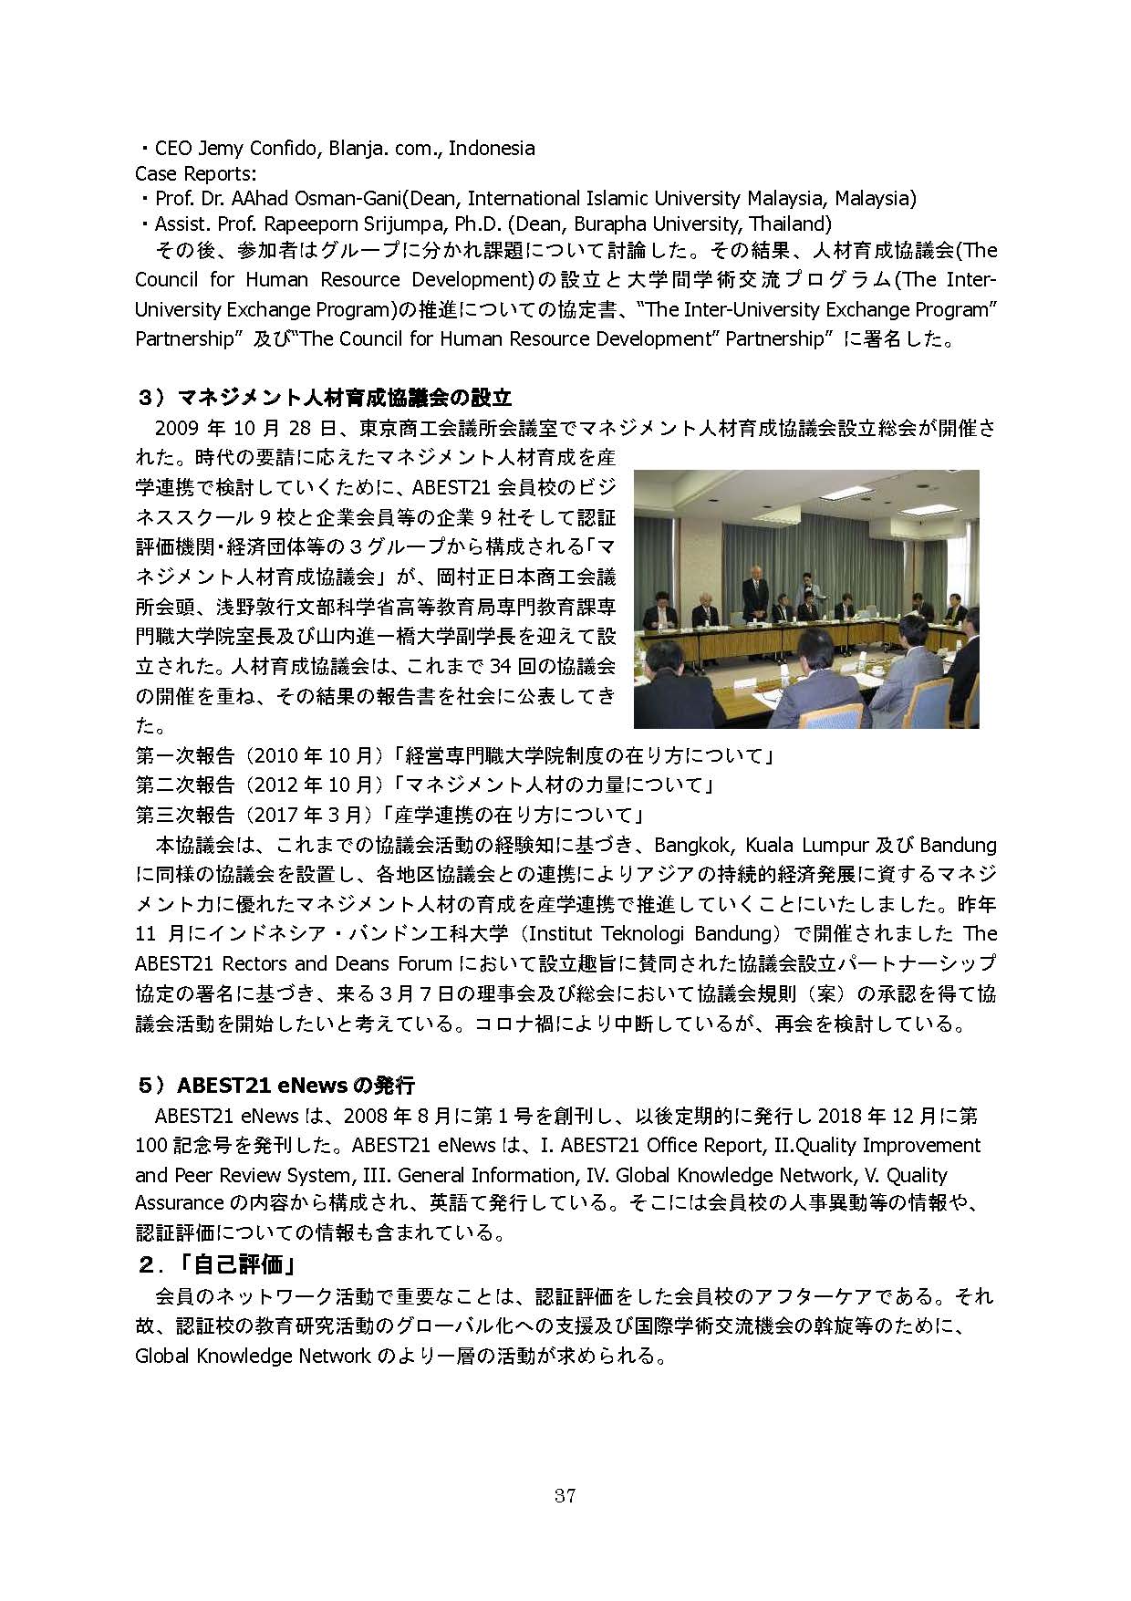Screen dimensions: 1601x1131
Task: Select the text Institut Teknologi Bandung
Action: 646,934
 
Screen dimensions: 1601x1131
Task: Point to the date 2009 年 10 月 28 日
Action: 247,428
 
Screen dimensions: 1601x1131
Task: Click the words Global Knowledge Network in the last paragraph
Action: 253,1356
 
